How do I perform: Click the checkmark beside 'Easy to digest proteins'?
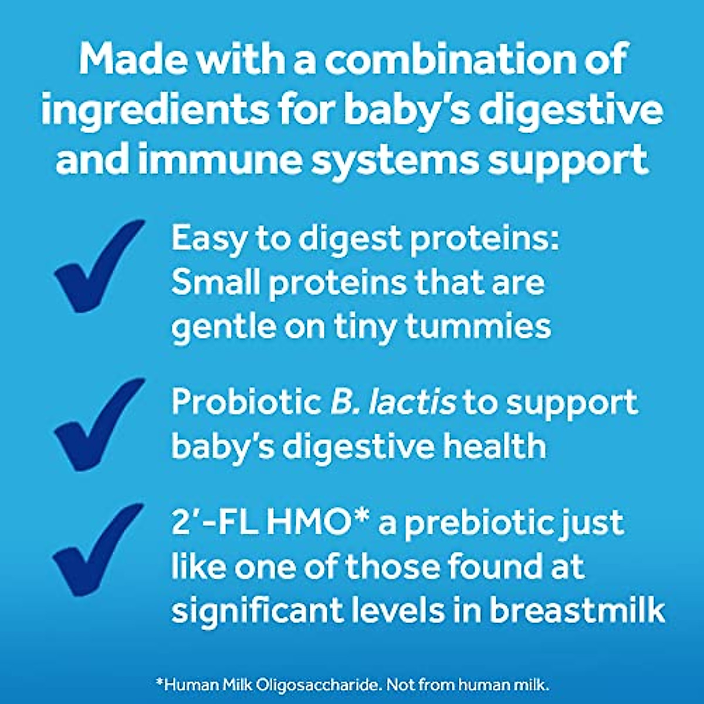click(97, 267)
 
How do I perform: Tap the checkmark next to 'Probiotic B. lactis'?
click(97, 425)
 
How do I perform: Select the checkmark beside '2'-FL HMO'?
click(97, 550)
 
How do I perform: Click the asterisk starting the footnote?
click(158, 682)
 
